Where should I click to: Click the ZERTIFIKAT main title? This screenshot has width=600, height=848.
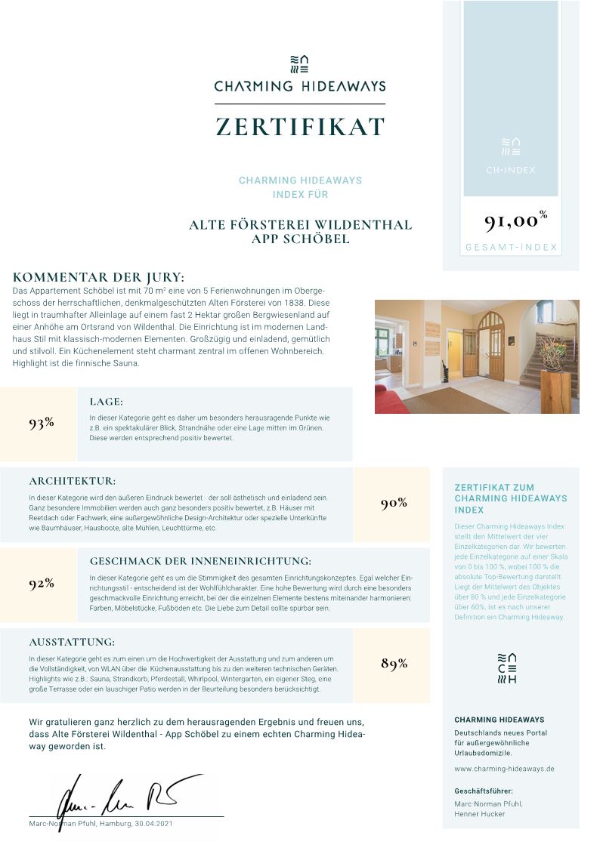click(300, 127)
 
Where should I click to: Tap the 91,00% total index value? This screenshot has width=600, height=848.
click(515, 220)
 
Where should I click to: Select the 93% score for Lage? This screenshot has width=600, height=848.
click(42, 423)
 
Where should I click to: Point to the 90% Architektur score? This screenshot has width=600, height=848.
click(394, 503)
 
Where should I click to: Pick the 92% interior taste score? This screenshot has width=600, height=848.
click(42, 583)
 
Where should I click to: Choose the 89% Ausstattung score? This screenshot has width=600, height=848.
click(394, 664)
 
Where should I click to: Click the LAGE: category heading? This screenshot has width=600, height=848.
click(106, 402)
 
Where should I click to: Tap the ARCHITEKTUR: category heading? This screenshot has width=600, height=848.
click(73, 481)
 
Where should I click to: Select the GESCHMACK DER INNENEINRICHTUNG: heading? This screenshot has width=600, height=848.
click(200, 561)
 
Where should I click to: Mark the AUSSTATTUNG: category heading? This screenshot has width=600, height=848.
click(72, 642)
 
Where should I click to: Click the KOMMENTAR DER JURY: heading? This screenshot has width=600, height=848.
click(98, 277)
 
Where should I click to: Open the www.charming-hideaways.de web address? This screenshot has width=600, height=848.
click(504, 769)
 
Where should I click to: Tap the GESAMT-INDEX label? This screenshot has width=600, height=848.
click(511, 247)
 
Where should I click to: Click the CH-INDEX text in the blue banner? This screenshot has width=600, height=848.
click(510, 170)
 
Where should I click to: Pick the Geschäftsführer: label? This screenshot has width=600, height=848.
click(484, 791)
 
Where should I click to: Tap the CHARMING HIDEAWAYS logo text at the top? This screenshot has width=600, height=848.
click(300, 86)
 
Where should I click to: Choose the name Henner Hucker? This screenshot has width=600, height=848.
click(479, 814)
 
